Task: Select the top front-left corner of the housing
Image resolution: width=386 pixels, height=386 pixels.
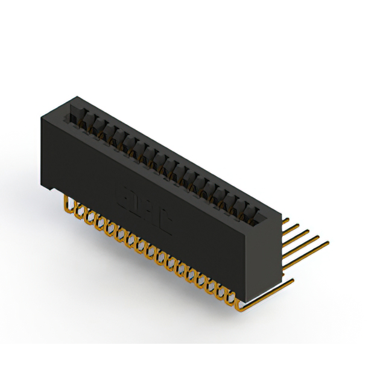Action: (41, 116)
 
